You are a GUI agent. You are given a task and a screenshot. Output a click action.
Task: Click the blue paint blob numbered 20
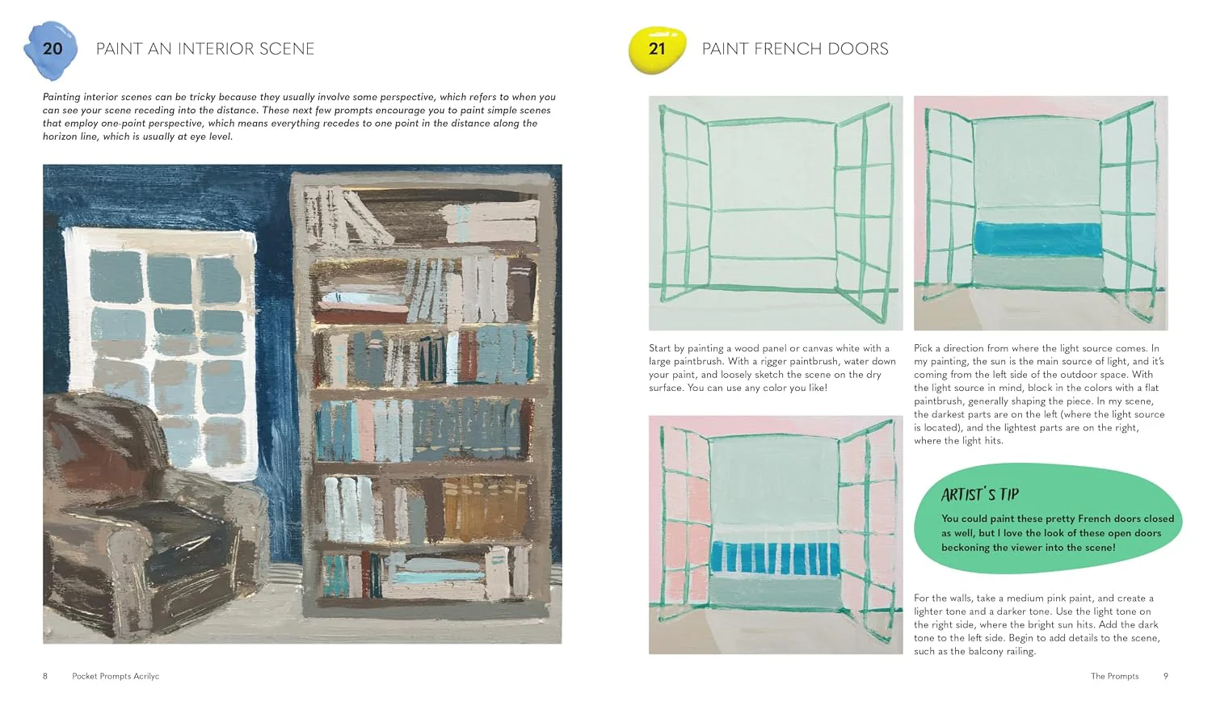(51, 50)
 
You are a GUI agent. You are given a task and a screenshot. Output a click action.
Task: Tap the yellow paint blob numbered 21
(657, 50)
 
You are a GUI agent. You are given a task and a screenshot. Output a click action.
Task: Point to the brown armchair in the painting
(146, 519)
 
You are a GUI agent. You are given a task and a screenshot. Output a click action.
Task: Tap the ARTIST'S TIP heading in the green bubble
(979, 494)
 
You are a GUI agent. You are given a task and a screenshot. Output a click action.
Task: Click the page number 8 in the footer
(45, 676)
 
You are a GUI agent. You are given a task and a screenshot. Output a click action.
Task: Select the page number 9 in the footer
(1165, 676)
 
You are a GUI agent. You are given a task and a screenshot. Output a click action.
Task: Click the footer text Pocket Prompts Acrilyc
(116, 676)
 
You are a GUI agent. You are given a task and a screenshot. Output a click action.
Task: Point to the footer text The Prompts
(1114, 676)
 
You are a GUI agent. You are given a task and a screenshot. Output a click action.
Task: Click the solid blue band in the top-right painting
(1037, 239)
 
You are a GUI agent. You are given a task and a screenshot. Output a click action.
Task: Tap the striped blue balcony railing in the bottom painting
(775, 558)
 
